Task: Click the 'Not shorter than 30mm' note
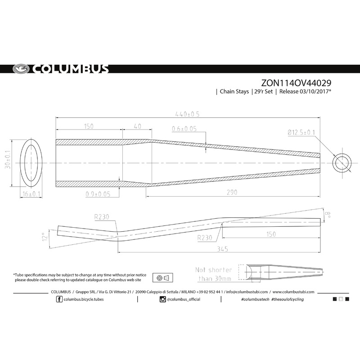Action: click(214, 274)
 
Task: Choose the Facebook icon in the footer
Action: click(60, 299)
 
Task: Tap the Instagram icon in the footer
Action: click(162, 299)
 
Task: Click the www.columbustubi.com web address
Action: click(293, 291)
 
